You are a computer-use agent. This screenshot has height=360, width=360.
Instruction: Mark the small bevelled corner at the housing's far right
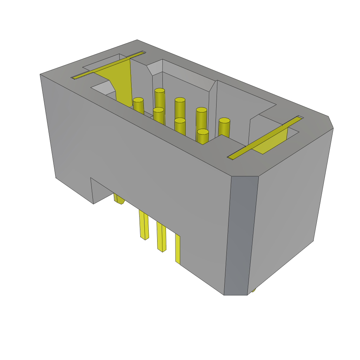pyautogui.click(x=330, y=122)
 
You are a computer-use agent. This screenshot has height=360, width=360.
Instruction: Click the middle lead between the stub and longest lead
pyautogui.click(x=144, y=225)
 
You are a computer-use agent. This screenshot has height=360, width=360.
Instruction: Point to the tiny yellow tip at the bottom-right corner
pyautogui.click(x=253, y=290)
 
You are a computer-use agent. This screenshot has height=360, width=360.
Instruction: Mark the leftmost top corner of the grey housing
pyautogui.click(x=41, y=75)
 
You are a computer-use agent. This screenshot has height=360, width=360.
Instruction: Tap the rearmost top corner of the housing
pyautogui.click(x=137, y=40)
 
